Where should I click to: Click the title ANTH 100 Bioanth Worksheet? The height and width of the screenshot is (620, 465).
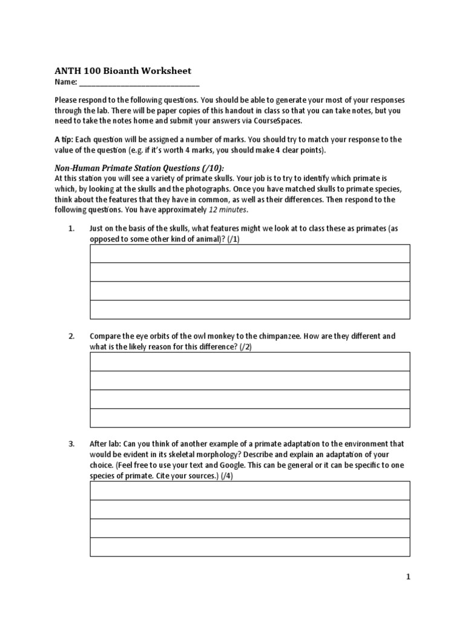click(x=123, y=71)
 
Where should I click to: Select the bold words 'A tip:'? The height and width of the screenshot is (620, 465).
click(x=64, y=139)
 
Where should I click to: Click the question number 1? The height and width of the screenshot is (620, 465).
click(x=71, y=228)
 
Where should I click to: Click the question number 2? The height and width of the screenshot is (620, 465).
click(x=71, y=336)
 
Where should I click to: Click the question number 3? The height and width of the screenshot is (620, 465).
click(x=71, y=444)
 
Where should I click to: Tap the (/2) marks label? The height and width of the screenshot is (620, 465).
click(x=245, y=346)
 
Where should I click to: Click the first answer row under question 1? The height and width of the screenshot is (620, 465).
click(x=250, y=254)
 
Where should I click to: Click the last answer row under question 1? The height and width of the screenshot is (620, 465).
click(x=250, y=309)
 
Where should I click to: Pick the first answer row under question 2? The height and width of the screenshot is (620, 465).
click(x=250, y=361)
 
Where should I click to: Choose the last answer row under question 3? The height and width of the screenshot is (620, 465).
click(x=250, y=547)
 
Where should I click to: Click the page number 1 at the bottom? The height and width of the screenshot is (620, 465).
click(x=408, y=577)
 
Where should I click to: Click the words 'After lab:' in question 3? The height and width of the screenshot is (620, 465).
click(x=105, y=444)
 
